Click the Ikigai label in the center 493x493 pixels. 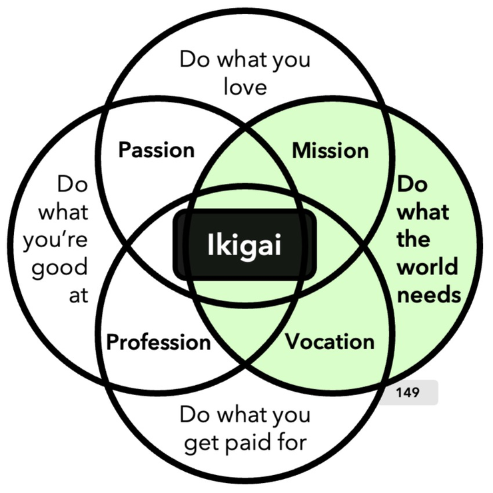click(x=244, y=245)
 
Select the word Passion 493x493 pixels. click(x=157, y=149)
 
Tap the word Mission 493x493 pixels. click(x=330, y=151)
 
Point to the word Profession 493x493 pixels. click(x=159, y=342)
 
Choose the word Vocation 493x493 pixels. click(x=330, y=342)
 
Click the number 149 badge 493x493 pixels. click(x=407, y=392)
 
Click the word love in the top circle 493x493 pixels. click(x=245, y=87)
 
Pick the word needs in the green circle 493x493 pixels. click(x=428, y=294)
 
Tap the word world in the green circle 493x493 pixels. click(x=427, y=266)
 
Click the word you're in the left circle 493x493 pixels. click(x=55, y=240)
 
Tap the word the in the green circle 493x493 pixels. click(x=413, y=239)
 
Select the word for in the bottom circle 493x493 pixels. click(x=288, y=442)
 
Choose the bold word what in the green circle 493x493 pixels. click(x=423, y=211)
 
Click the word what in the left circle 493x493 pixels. click(x=63, y=212)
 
